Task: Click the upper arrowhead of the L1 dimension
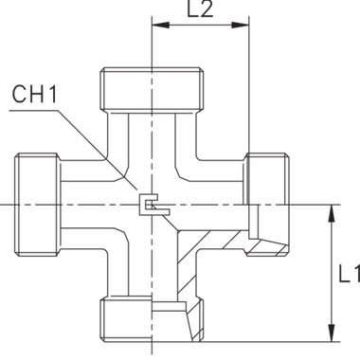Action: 331,210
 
